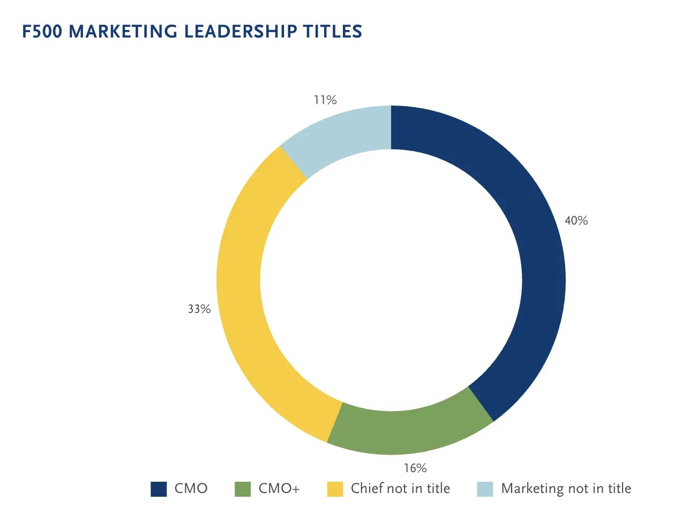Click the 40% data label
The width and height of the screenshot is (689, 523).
pos(576,221)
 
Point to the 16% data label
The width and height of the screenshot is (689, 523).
pos(415,468)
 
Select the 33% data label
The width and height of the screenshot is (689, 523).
pos(199,309)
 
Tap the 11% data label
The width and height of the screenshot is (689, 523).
pos(325,100)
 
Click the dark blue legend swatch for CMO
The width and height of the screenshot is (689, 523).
pos(159,489)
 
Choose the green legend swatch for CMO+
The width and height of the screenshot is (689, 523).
pos(243,489)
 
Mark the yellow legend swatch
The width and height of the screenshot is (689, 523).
pos(335,489)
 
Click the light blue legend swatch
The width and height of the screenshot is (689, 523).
pos(485,489)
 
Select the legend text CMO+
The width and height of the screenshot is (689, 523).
pos(279,489)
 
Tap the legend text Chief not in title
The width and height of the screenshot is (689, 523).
pos(400,489)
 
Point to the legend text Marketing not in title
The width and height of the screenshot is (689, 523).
pos(566,489)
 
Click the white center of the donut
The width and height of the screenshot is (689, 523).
pos(391,280)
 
